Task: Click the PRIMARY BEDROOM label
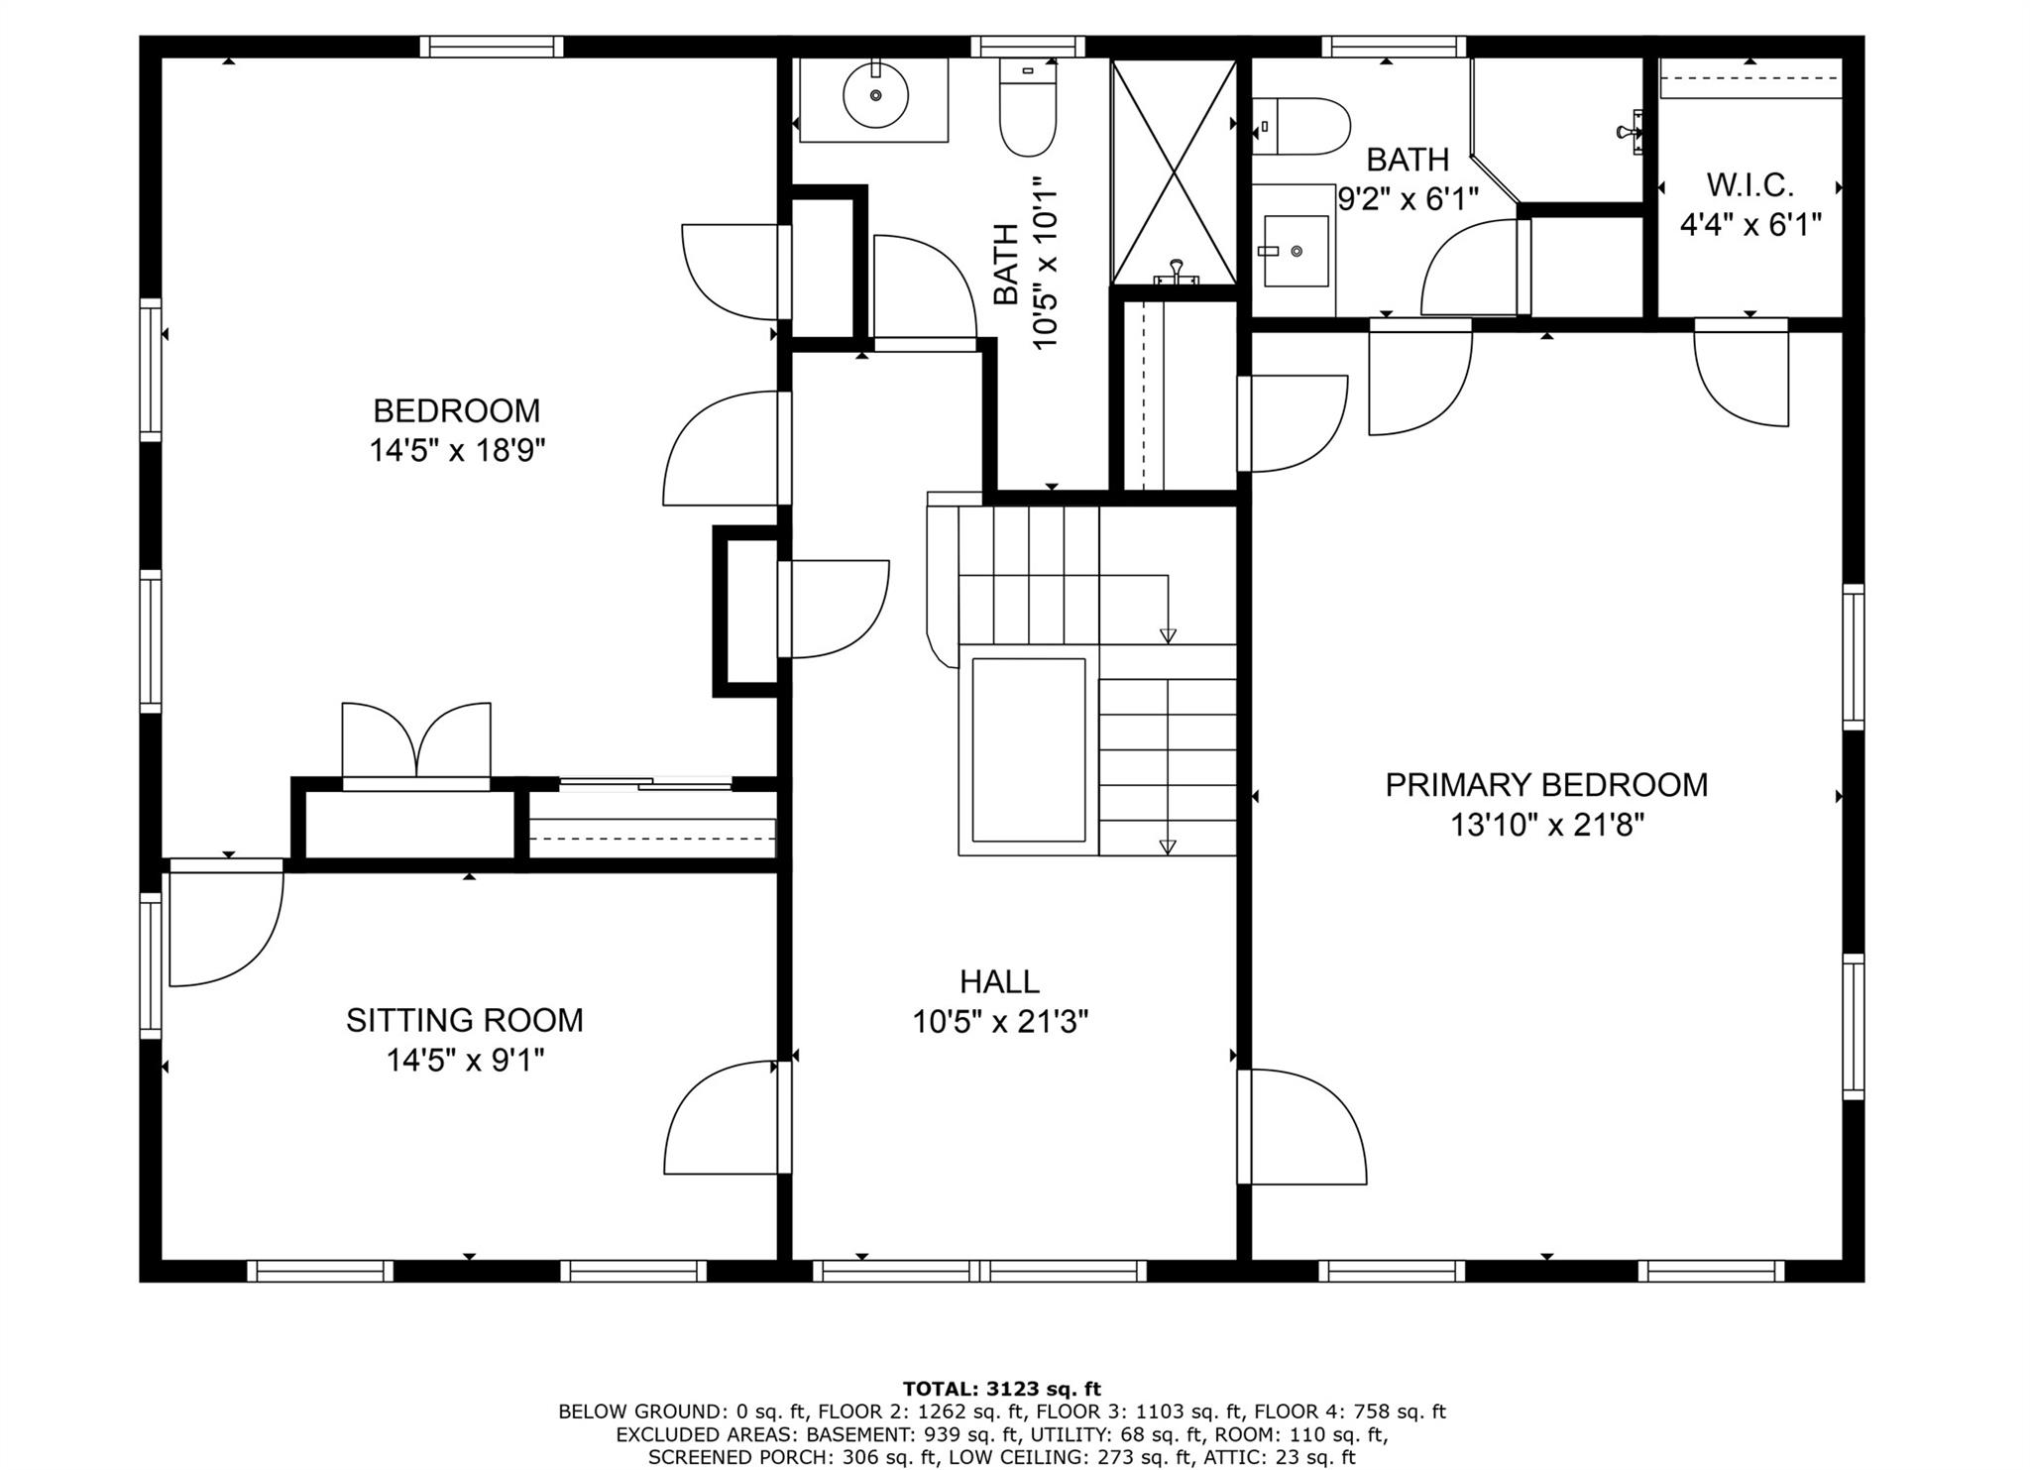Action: click(1545, 785)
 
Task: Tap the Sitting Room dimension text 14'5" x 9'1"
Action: click(465, 1061)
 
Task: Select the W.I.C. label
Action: click(1749, 185)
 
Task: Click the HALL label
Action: click(999, 981)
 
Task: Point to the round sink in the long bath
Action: click(875, 95)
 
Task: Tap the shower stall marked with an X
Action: click(1174, 171)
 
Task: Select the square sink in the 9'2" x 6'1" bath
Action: click(1296, 252)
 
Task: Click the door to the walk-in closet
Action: click(1742, 374)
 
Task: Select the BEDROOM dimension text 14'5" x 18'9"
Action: click(457, 451)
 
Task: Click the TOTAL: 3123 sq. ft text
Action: click(1001, 1389)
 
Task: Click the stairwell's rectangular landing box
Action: click(1028, 750)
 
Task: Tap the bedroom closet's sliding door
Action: click(645, 784)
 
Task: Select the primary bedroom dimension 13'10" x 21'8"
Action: click(1546, 825)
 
